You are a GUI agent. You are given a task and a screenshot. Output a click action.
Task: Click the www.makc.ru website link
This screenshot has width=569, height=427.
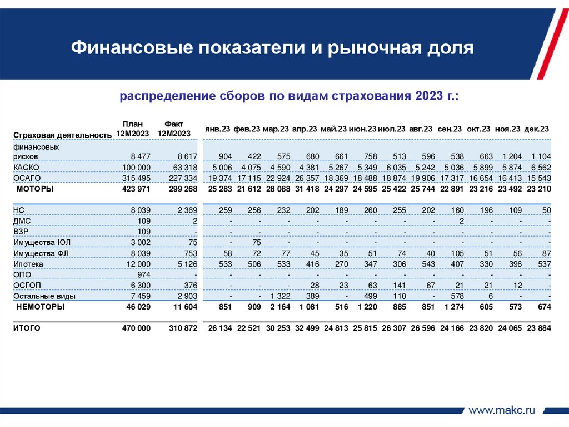click(x=502, y=410)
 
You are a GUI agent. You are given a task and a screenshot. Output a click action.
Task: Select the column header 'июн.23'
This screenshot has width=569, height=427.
click(x=363, y=129)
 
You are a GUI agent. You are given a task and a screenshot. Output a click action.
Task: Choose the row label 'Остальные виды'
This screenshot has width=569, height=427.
click(x=37, y=296)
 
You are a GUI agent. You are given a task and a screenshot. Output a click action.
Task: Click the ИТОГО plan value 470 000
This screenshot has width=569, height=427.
click(x=136, y=328)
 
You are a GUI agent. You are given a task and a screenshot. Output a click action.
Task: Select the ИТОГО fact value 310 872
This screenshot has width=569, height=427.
click(x=183, y=328)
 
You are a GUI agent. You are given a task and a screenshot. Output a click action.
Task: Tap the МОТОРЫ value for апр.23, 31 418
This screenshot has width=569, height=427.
click(x=305, y=189)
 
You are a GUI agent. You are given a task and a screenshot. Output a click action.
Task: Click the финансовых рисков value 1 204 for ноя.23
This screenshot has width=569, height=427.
click(x=511, y=156)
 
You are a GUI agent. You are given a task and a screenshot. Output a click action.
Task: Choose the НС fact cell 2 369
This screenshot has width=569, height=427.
click(x=186, y=210)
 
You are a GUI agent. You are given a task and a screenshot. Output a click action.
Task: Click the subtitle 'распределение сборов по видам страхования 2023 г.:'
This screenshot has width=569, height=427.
click(x=289, y=96)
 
